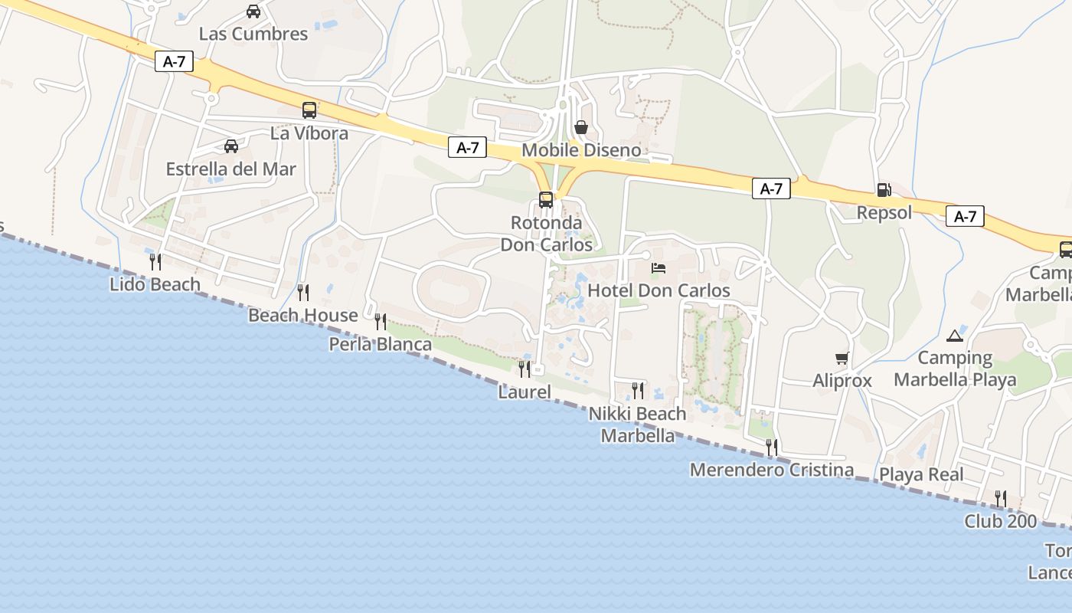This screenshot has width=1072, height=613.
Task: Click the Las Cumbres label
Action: [x=253, y=34]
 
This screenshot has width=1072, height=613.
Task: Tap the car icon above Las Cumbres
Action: [x=253, y=11]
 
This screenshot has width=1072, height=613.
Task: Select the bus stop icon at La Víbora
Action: [x=309, y=110]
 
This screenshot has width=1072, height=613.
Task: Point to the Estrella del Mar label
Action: [x=230, y=169]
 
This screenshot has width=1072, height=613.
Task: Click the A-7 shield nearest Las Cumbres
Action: [x=174, y=62]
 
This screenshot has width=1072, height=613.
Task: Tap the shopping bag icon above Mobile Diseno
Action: [x=581, y=127]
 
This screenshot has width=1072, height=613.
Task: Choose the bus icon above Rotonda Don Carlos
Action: [x=546, y=200]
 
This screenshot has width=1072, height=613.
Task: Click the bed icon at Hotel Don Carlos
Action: [x=659, y=268]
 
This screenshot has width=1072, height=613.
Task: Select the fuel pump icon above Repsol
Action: [x=884, y=190]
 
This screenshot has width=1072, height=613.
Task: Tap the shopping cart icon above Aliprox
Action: [x=842, y=358]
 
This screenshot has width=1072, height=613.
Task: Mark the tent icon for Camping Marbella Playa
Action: [x=955, y=336]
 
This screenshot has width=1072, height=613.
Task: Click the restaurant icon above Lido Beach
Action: [x=155, y=262]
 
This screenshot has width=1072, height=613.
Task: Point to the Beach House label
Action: [x=303, y=315]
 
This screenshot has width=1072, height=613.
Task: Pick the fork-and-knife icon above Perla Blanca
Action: [x=381, y=322]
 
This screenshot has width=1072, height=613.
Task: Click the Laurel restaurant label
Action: [x=525, y=392]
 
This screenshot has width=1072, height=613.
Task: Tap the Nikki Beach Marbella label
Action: [x=638, y=425]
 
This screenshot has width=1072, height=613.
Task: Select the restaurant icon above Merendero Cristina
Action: [x=772, y=447]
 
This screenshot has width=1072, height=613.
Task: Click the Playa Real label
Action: [x=921, y=474]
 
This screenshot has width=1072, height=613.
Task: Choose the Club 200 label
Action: [x=1001, y=522]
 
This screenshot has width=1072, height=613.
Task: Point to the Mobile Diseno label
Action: [x=581, y=150]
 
